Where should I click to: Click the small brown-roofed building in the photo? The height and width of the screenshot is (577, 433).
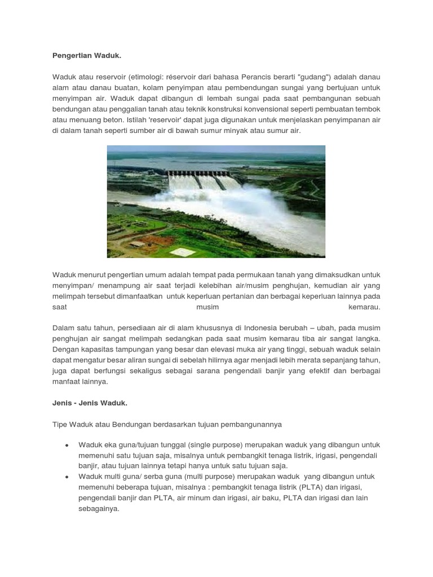coord(137,244)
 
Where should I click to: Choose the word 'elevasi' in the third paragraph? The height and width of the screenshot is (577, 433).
coord(217,349)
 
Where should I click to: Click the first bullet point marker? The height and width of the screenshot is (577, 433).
coord(67,445)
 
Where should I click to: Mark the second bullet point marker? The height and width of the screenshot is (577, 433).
coord(67,477)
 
